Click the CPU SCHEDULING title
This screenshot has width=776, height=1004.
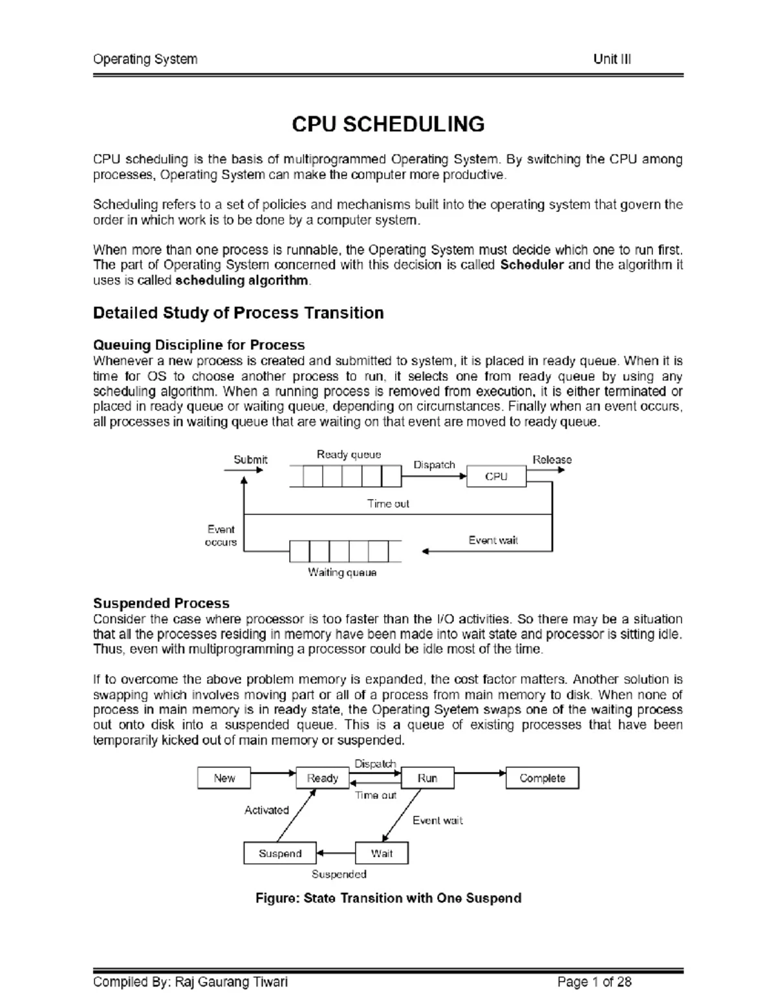point(388,124)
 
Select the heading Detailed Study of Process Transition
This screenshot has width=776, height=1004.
point(238,313)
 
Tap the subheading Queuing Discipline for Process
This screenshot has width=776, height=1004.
point(199,345)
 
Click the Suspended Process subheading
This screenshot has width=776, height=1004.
point(161,603)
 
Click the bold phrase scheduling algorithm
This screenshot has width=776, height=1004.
point(242,281)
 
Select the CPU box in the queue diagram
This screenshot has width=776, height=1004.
point(496,476)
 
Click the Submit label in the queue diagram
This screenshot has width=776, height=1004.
point(250,460)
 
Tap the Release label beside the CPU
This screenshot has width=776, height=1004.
point(552,460)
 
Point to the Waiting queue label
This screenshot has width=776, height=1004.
point(342,572)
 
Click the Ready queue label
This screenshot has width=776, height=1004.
point(349,454)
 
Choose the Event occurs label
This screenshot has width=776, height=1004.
point(221,536)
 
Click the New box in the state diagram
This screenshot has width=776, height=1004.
point(224,778)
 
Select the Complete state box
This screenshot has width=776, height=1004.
point(542,778)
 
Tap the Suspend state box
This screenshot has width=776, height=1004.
point(280,853)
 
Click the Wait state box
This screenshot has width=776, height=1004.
point(382,853)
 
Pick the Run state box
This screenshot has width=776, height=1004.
point(427,778)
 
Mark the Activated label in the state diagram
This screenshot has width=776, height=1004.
point(266,810)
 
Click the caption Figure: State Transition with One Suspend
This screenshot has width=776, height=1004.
point(388,898)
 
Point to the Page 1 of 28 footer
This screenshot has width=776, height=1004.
point(594,983)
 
